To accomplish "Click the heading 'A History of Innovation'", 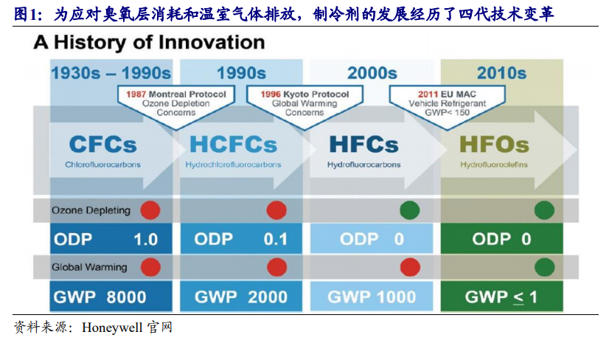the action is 149,42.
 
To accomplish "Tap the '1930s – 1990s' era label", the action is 111,73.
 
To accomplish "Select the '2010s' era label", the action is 501,73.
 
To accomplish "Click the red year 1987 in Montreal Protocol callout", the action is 136,94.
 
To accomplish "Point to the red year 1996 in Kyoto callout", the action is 271,94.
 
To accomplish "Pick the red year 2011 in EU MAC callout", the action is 428,94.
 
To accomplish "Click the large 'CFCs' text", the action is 103,145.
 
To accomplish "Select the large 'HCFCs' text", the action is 234,145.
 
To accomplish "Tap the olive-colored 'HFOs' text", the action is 494,145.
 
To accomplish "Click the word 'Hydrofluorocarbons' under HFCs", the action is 364,165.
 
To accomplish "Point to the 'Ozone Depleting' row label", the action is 91,210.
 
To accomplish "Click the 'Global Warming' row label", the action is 89,267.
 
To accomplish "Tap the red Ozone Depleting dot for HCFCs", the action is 276,210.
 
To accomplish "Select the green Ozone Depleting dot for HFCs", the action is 410,210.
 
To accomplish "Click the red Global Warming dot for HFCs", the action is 410,268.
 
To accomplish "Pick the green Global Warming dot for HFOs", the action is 545,268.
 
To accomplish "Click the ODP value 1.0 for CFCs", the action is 146,239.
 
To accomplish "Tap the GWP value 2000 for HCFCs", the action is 268,297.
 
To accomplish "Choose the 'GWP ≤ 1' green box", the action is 502,297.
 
